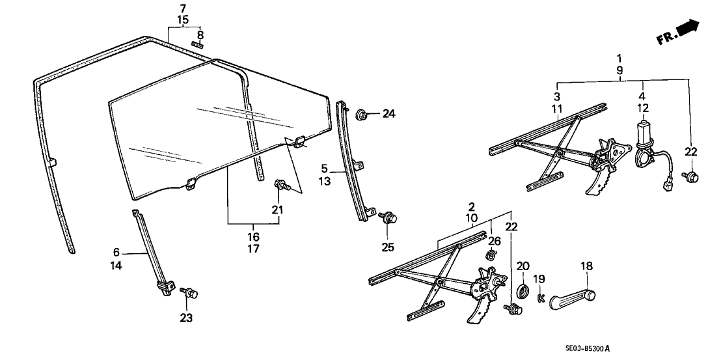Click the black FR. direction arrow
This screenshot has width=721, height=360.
[688, 29]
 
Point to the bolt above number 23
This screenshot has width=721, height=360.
[190, 294]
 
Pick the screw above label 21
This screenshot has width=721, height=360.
[281, 186]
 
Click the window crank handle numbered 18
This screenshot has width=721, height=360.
[573, 297]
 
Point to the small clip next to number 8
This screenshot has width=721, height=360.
[198, 44]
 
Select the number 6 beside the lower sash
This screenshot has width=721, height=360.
[116, 253]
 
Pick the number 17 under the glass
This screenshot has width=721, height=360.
[254, 248]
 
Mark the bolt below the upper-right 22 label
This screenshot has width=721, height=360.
[690, 176]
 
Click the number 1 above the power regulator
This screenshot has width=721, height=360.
[619, 57]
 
